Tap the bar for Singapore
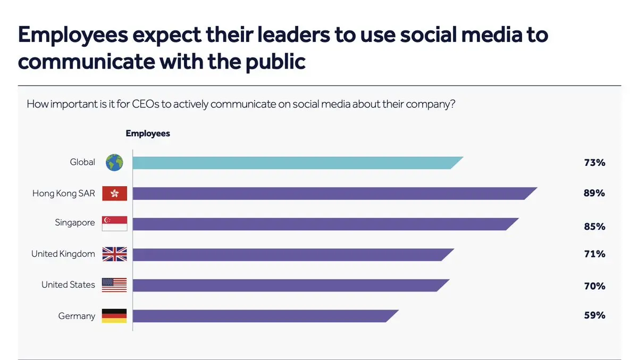(x=325, y=224)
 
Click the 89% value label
(x=594, y=193)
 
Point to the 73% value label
(x=594, y=163)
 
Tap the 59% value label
(x=594, y=315)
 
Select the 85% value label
(x=594, y=227)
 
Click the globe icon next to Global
(x=114, y=162)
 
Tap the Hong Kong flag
(x=114, y=194)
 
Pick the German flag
(x=114, y=316)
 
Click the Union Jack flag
(x=114, y=254)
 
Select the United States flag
(x=114, y=285)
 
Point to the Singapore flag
(x=114, y=223)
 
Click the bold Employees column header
(x=148, y=133)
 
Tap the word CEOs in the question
(x=146, y=104)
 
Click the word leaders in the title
(x=293, y=35)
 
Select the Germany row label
(x=77, y=316)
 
